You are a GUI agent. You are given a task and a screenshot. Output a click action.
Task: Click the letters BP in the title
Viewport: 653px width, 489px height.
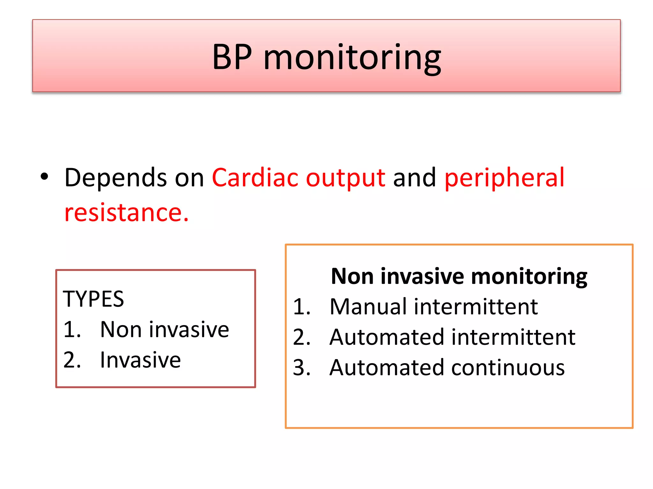(232, 57)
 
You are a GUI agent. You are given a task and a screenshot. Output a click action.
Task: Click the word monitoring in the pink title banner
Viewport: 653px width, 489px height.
(352, 58)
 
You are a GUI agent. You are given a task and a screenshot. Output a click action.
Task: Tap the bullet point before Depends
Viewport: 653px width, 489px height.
(44, 177)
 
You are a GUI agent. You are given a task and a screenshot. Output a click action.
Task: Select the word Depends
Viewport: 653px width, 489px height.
(115, 178)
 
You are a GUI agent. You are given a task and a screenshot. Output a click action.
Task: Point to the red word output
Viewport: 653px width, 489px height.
(346, 178)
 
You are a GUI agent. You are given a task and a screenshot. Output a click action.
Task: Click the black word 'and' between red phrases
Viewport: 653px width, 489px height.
(414, 177)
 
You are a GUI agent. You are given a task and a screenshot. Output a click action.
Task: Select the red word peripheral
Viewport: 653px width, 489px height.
(504, 178)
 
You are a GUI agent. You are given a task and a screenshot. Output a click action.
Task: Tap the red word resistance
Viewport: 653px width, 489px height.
(126, 212)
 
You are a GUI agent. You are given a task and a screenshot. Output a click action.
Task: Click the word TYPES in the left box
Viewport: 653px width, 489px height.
(93, 299)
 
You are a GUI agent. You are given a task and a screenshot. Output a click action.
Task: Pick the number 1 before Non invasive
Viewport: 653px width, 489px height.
(71, 330)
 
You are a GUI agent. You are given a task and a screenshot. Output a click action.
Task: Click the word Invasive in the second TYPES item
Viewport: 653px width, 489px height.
(140, 360)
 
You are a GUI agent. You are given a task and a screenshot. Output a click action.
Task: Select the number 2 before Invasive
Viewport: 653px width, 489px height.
(71, 360)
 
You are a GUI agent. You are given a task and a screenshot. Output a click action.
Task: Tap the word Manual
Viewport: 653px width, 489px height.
(368, 307)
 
